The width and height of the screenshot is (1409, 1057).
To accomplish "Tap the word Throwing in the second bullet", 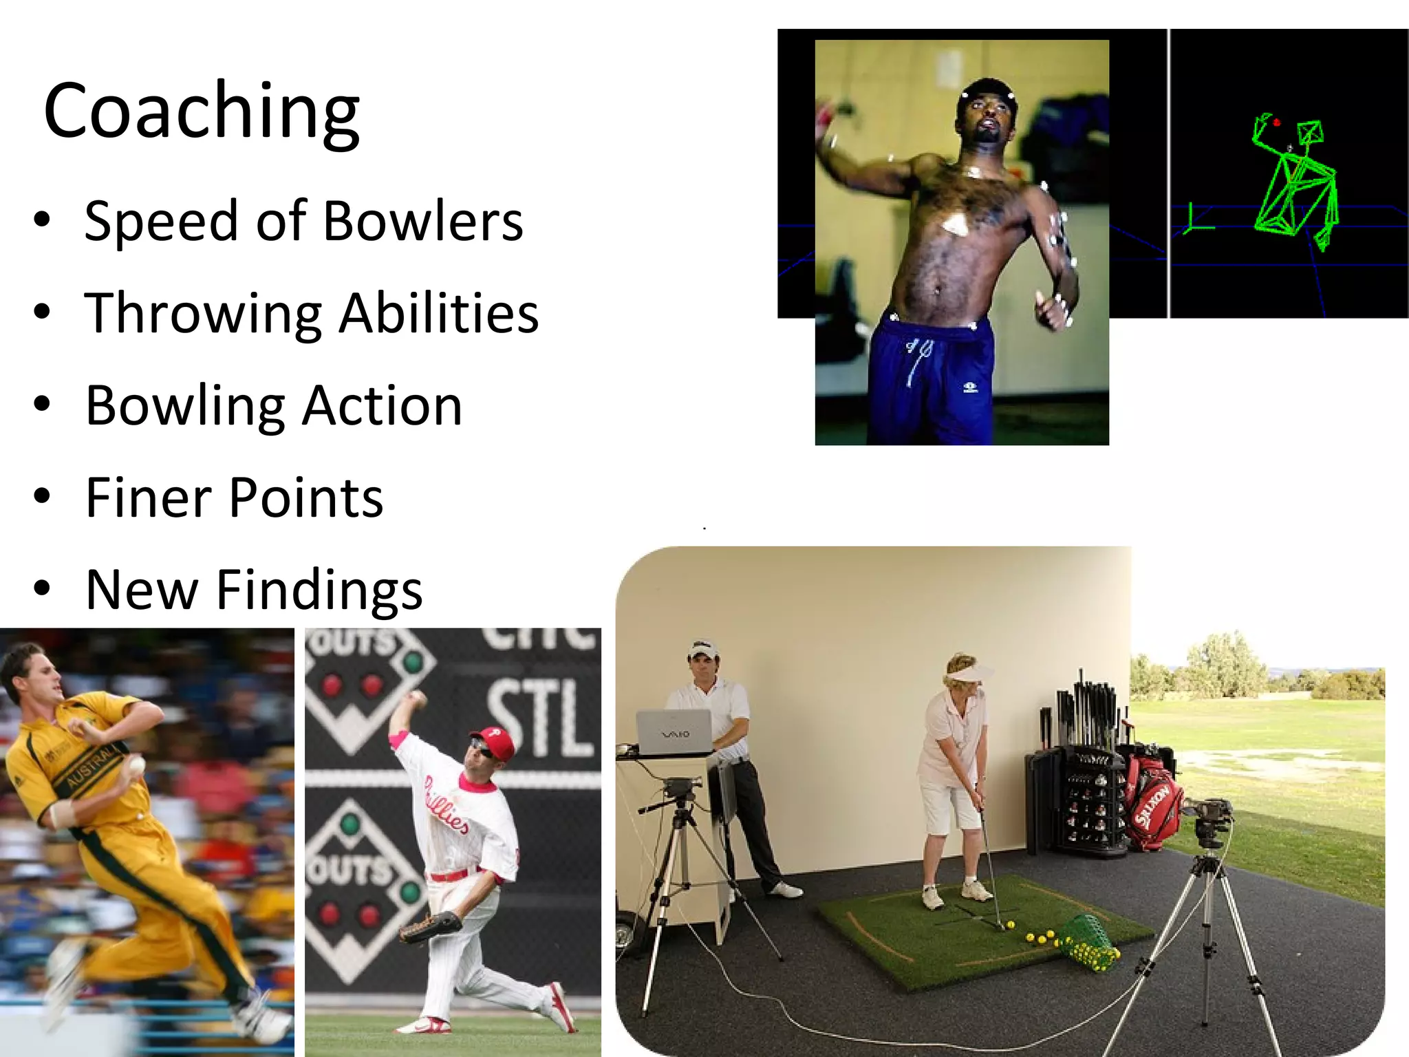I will click(x=203, y=314).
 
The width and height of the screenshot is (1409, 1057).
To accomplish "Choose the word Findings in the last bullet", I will click(x=319, y=590).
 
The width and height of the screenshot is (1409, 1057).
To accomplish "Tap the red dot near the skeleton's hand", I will click(x=1276, y=123).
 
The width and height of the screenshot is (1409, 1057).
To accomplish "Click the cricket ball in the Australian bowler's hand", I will click(x=136, y=764).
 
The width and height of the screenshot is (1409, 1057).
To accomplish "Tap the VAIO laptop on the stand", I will click(x=674, y=734).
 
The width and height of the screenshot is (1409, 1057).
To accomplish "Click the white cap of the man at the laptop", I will click(x=702, y=649).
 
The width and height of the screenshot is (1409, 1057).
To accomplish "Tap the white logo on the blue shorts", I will click(x=970, y=388).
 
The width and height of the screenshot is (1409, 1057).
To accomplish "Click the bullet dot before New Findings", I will click(x=42, y=589).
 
